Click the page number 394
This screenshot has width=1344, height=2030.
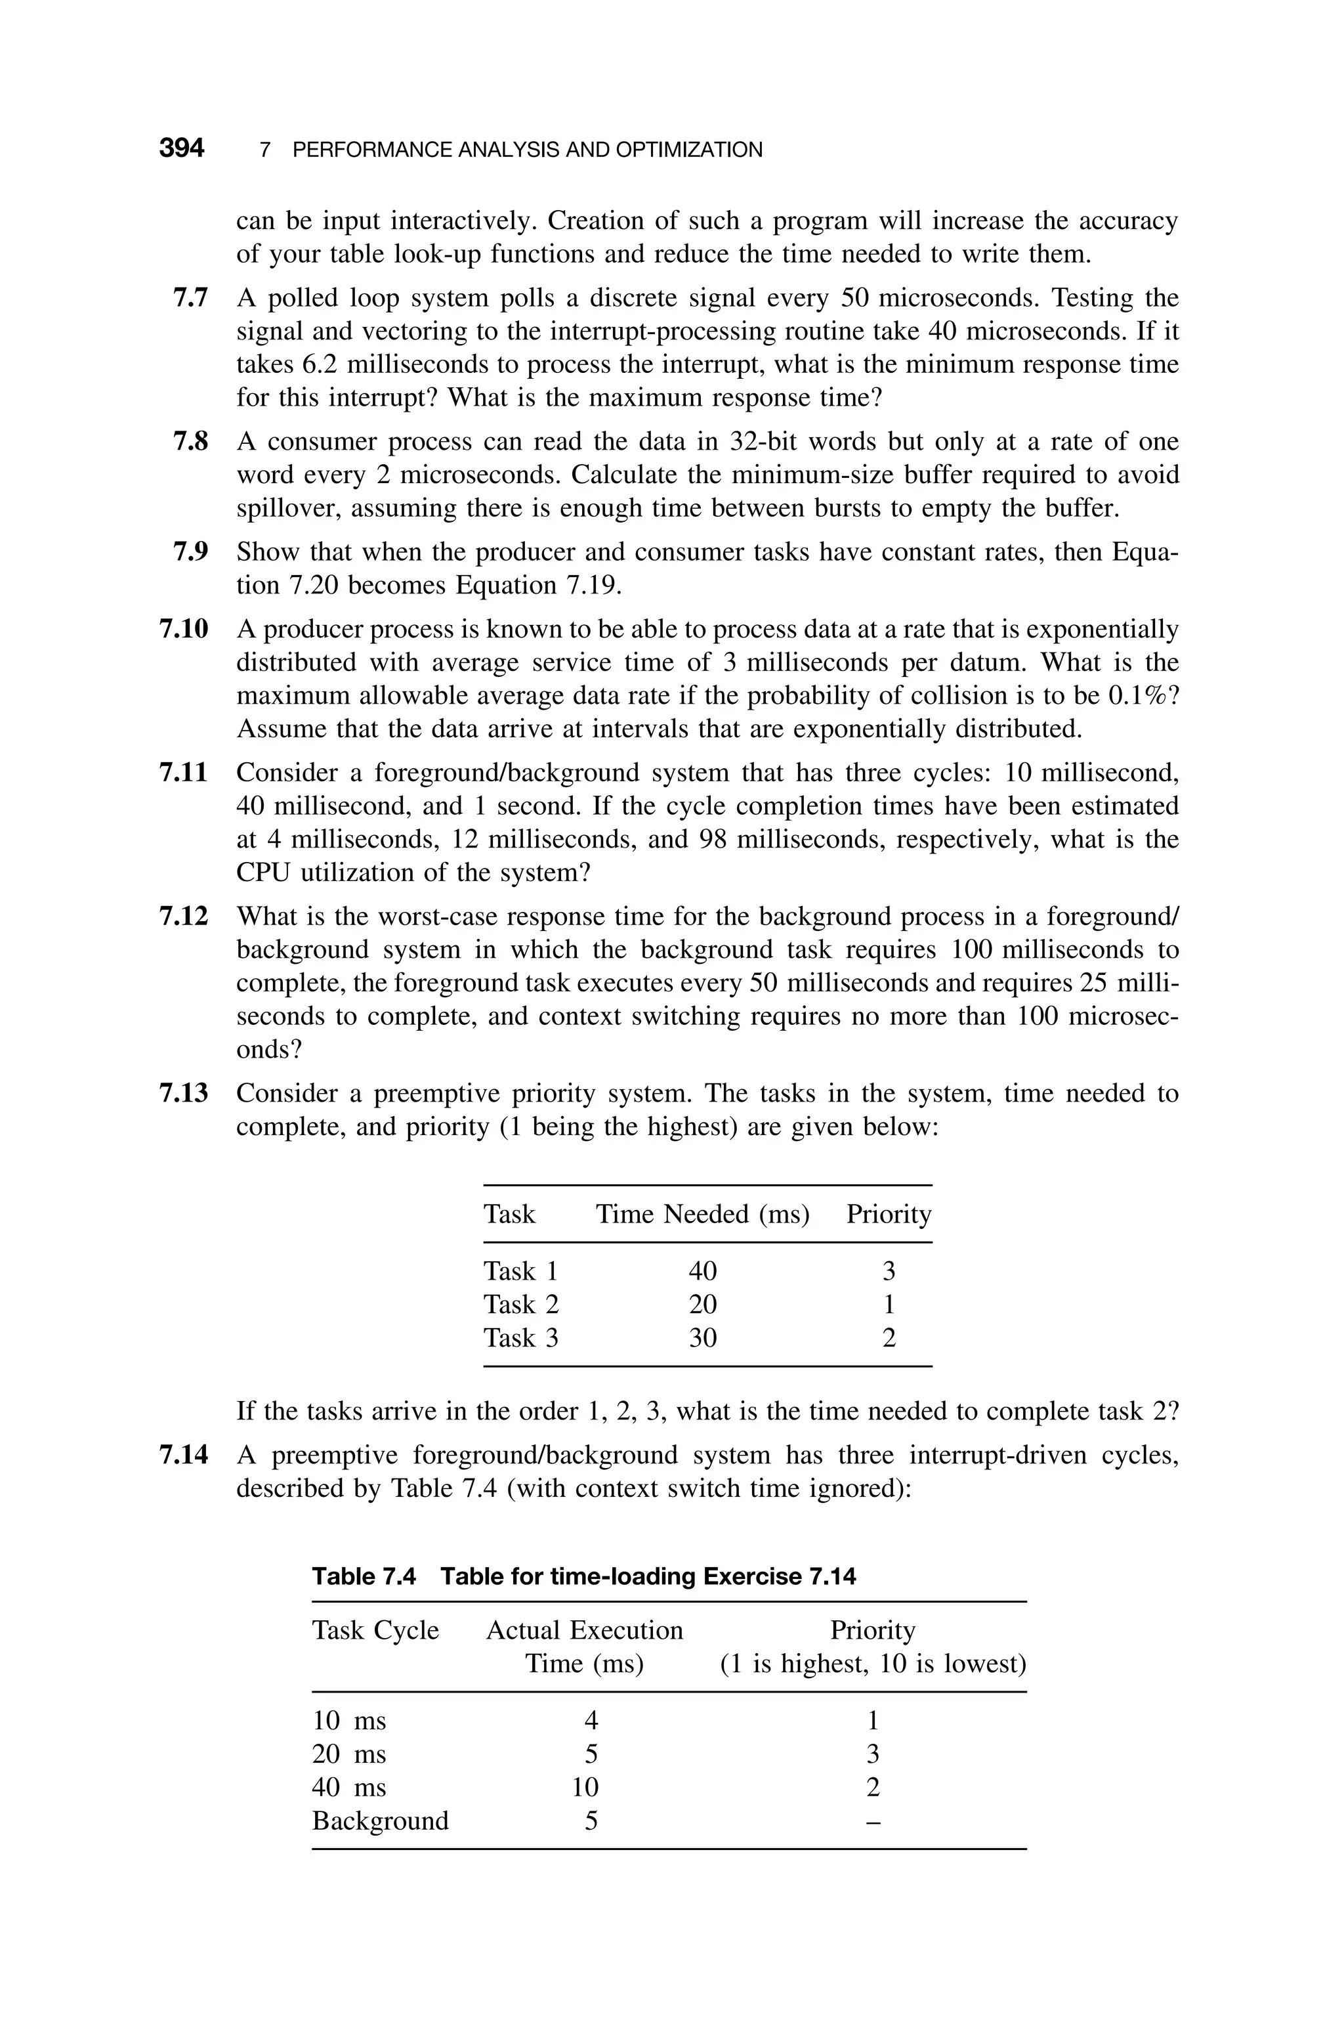[182, 148]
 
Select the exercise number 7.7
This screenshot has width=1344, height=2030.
[190, 298]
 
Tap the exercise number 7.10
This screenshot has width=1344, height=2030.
[184, 629]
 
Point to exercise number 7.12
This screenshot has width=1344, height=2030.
[184, 917]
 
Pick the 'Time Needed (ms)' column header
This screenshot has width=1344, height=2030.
[702, 1214]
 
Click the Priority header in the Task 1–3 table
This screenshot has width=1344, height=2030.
[888, 1214]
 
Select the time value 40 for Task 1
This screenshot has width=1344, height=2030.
[703, 1270]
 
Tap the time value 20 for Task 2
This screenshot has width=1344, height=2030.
[703, 1304]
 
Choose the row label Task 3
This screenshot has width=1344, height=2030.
[520, 1337]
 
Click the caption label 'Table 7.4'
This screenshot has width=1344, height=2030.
[364, 1576]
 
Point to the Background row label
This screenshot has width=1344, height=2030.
[380, 1820]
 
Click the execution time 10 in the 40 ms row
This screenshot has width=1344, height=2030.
[585, 1786]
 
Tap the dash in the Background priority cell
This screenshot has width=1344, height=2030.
[873, 1821]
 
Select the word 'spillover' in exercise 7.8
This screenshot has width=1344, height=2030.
[289, 508]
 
